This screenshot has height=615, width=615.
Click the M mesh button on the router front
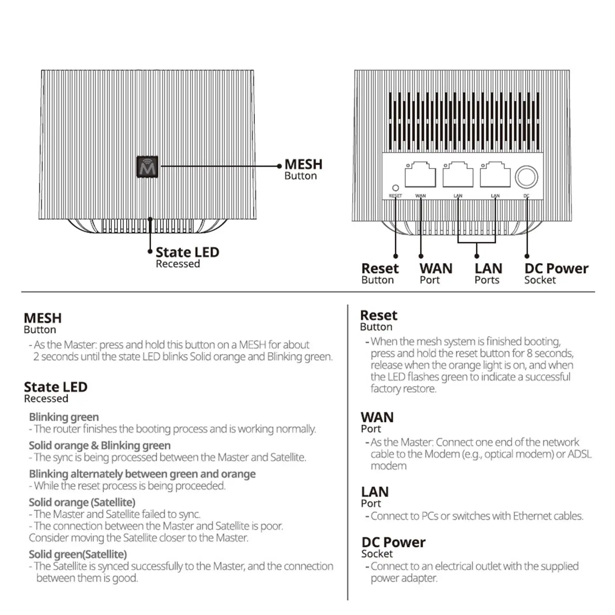tap(147, 167)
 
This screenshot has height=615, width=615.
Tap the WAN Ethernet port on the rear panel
tap(420, 176)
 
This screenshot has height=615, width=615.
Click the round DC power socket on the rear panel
tap(526, 177)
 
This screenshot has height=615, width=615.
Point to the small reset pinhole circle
tap(395, 188)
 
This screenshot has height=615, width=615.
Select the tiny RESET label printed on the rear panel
tap(395, 196)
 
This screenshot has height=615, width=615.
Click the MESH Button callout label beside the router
tap(303, 169)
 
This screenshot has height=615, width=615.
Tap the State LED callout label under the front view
tap(187, 257)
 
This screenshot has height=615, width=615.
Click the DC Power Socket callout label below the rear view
tap(555, 273)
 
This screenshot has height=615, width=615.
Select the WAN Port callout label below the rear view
tap(435, 273)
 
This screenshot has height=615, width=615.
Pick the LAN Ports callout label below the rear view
tap(488, 273)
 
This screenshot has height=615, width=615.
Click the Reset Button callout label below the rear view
tap(380, 273)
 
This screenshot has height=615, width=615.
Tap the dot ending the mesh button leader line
tap(279, 166)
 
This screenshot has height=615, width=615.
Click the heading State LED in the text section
tap(55, 387)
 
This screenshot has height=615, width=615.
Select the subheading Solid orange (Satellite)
tap(82, 502)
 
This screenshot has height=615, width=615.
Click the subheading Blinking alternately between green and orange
tap(142, 474)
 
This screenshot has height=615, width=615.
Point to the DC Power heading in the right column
tap(393, 542)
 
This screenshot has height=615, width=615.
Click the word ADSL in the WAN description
tap(579, 454)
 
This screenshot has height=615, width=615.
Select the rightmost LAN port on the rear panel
tap(495, 176)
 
